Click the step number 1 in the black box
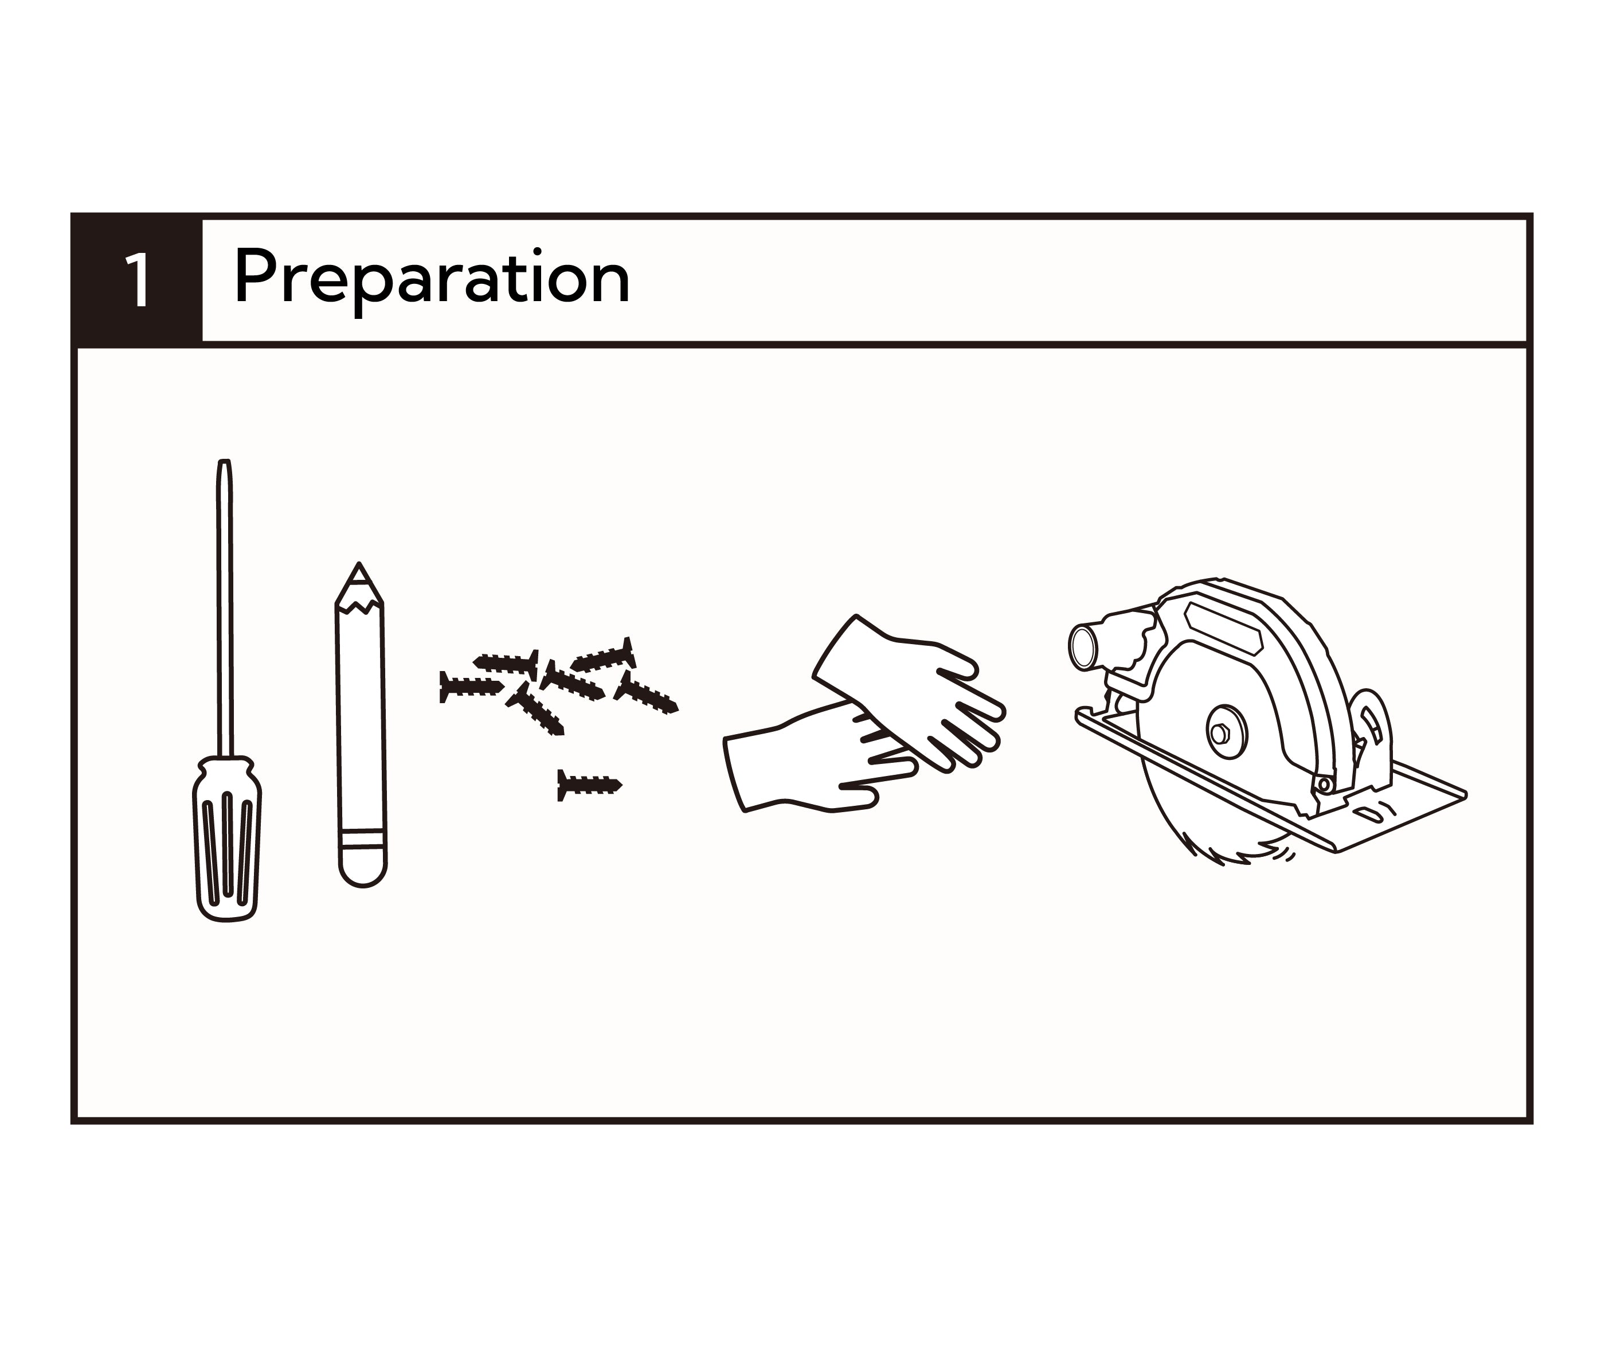(x=138, y=281)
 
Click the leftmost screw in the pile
(x=471, y=686)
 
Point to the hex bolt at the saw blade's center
(x=1219, y=733)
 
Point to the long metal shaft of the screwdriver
(x=225, y=608)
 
